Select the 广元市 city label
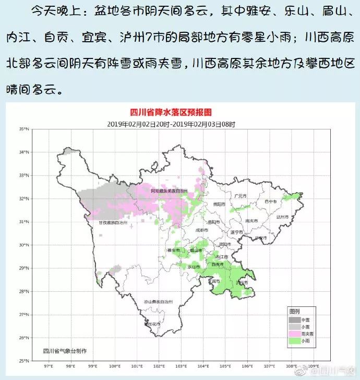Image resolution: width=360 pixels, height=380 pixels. point(240,196)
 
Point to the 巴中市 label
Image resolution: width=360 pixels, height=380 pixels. point(270,201)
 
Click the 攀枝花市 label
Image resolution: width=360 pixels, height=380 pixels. point(150,324)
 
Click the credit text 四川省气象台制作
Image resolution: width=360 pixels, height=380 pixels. point(65,351)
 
